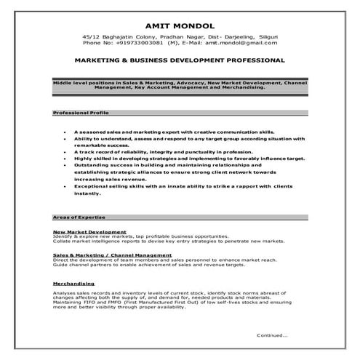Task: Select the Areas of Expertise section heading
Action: point(75,217)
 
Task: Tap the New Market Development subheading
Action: point(84,231)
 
